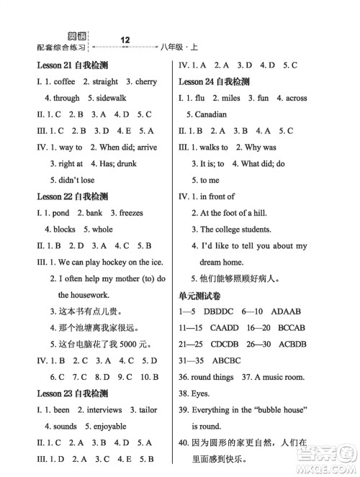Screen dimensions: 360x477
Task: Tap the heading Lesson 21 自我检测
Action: (x=72, y=65)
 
